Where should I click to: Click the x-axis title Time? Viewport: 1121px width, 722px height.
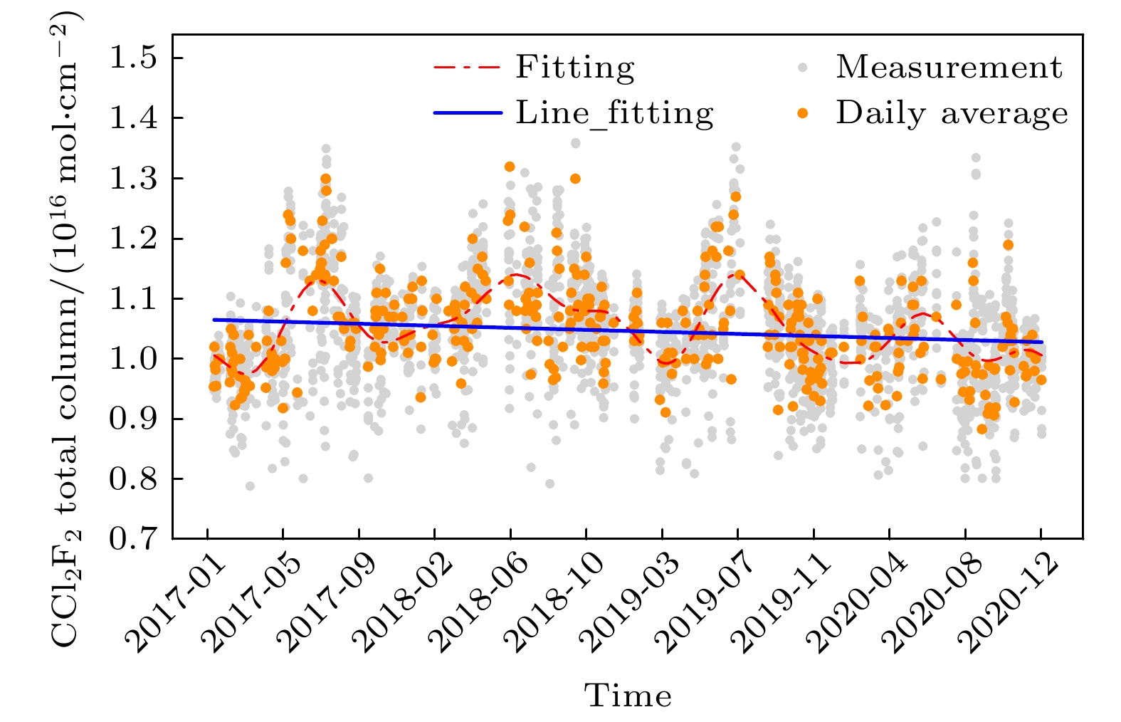[x=628, y=696]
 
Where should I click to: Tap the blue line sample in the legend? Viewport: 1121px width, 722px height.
[x=468, y=113]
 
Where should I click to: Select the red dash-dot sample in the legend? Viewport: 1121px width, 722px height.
[x=468, y=68]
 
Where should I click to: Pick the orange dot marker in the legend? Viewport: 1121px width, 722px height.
[x=803, y=113]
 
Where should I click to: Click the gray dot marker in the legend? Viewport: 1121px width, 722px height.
[x=803, y=68]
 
